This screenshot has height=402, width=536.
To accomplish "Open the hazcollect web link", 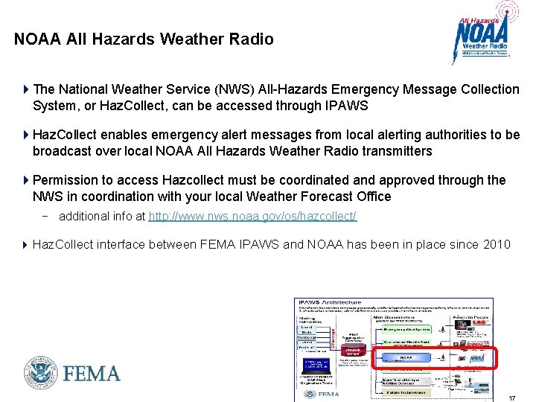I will (x=252, y=216).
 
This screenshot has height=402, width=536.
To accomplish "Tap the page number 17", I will (x=511, y=398).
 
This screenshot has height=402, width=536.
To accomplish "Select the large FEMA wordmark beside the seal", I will (x=92, y=373).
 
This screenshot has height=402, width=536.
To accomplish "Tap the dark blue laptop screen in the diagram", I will (x=316, y=365).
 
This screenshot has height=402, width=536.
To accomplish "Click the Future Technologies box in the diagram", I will (x=406, y=392).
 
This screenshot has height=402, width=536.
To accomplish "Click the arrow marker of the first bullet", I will (x=26, y=89).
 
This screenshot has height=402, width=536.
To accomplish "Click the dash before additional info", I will (x=47, y=216).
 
